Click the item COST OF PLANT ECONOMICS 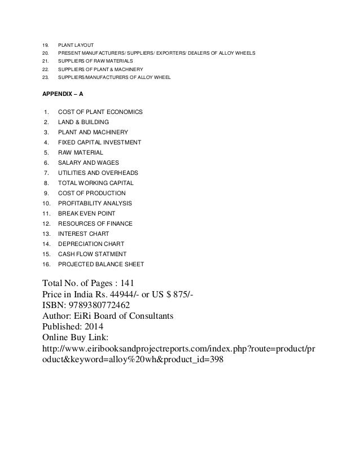click(100, 112)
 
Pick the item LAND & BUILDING click(84, 122)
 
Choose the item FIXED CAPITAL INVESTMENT click(100, 142)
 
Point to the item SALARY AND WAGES click(88, 162)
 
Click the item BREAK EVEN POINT click(87, 213)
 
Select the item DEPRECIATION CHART click(90, 244)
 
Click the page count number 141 click(126, 284)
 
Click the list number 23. click(45, 77)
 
